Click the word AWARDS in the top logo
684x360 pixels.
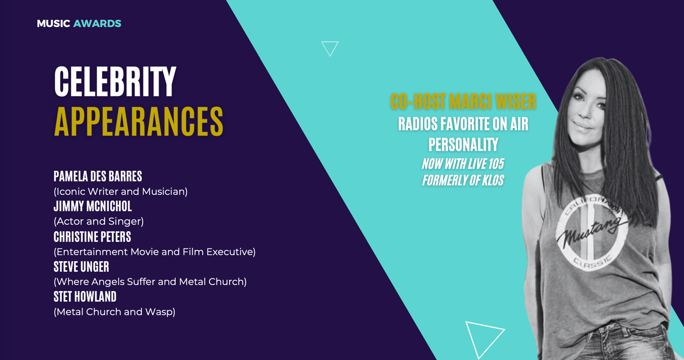coord(97,24)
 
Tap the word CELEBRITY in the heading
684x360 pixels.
coord(115,82)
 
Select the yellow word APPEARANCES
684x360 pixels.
coord(139,121)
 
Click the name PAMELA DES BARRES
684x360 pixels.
coord(98,176)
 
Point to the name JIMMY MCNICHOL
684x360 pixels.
coord(93,206)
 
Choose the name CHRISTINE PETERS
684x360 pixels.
coord(92,237)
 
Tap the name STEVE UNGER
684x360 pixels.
coord(81,266)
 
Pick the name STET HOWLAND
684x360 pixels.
coord(85,296)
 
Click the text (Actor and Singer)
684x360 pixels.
coord(99,221)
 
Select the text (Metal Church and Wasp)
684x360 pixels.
coord(114,312)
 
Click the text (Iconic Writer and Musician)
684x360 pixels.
coord(121,192)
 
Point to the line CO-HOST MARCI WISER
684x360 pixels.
coord(463,101)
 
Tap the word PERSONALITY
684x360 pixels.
coord(463,144)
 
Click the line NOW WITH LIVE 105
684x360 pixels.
coord(463,164)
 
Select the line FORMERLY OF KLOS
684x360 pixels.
coord(463,180)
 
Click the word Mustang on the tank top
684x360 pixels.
coord(591,233)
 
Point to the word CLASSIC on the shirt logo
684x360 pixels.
coord(592,262)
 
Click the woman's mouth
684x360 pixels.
coord(583,127)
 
